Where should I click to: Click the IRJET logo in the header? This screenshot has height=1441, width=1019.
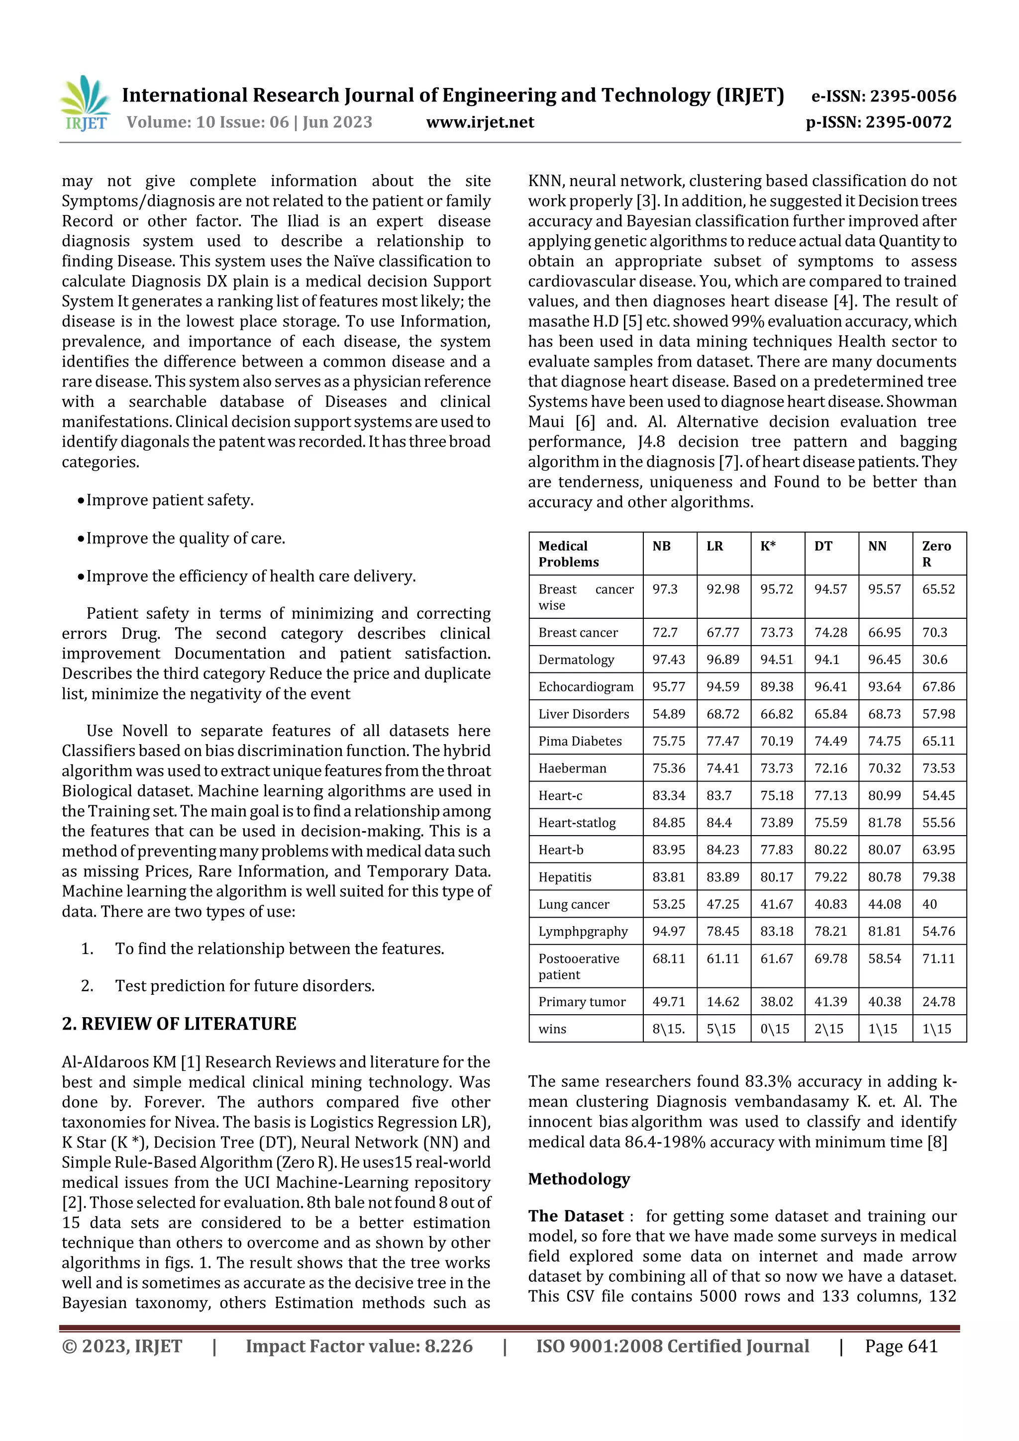click(86, 103)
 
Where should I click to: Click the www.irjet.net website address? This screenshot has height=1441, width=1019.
click(480, 122)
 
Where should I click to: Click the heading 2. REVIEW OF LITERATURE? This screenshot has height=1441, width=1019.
click(179, 1024)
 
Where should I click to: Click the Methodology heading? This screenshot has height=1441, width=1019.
click(579, 1179)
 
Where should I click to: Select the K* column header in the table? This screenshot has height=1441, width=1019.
click(768, 546)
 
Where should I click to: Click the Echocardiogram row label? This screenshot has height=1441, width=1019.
click(586, 686)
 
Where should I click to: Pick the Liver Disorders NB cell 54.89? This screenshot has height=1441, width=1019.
click(668, 714)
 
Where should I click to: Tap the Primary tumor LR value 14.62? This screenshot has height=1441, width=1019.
click(722, 1002)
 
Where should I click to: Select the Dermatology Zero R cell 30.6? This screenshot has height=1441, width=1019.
click(934, 660)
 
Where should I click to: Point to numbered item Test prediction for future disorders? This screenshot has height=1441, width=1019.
click(244, 986)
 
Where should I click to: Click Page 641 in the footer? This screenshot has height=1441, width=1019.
click(901, 1346)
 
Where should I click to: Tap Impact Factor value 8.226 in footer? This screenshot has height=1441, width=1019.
click(359, 1346)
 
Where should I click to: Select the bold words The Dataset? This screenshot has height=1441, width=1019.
click(576, 1216)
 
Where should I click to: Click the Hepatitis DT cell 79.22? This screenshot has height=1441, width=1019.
click(830, 877)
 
